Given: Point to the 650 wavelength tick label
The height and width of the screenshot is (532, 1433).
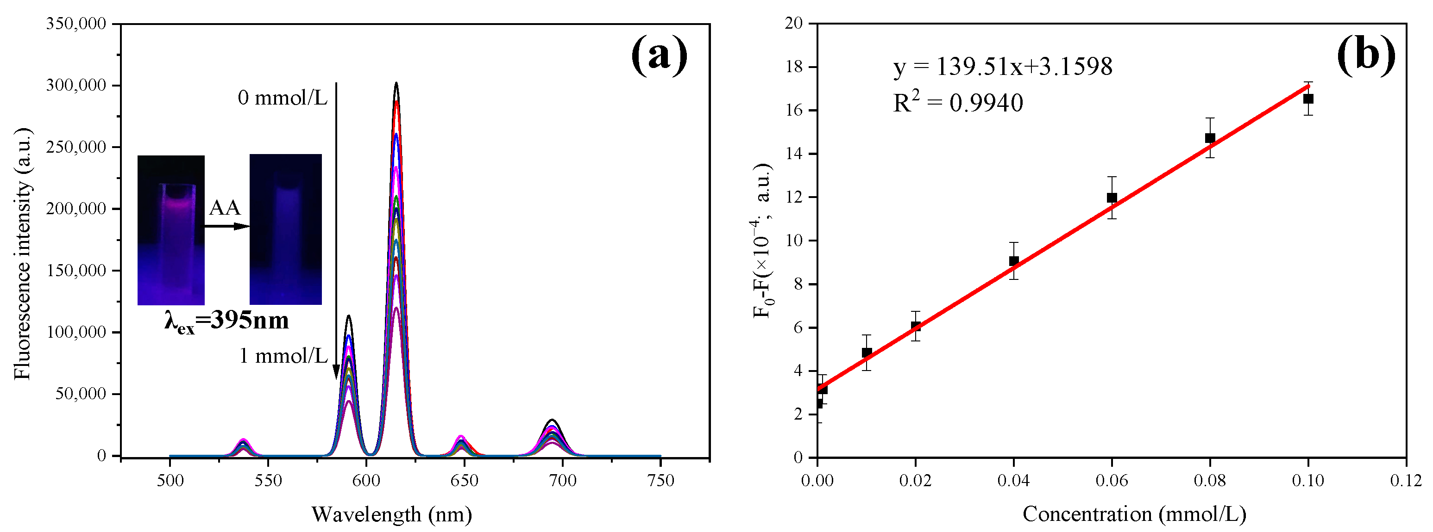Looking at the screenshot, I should point(464,481).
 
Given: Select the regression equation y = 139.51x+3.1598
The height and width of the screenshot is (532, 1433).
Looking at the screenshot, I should point(1002,67).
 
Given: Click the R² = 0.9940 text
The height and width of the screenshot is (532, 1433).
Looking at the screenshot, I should point(957,103).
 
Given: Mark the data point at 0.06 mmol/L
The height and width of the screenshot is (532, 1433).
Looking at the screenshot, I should point(1112,198).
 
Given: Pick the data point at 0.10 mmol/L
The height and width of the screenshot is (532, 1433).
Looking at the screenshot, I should point(1308,99).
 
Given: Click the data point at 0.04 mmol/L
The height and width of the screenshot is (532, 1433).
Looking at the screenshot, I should point(1013,261).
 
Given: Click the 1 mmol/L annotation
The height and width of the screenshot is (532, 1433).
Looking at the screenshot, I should point(283,356).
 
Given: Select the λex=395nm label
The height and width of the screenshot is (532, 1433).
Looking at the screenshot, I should point(226,322).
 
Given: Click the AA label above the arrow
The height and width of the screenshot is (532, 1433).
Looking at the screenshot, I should point(225,208).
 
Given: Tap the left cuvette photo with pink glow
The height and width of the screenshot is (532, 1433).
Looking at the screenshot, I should point(171,229).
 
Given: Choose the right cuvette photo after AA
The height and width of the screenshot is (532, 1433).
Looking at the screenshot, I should point(285,229).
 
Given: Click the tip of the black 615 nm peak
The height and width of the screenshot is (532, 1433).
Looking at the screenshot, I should point(396,83).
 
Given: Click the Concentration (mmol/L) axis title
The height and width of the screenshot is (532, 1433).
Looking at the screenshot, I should point(1134,514).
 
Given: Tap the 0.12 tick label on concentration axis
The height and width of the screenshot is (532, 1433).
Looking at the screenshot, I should point(1406,481).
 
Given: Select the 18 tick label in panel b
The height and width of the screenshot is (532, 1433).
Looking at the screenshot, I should point(794,67).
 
